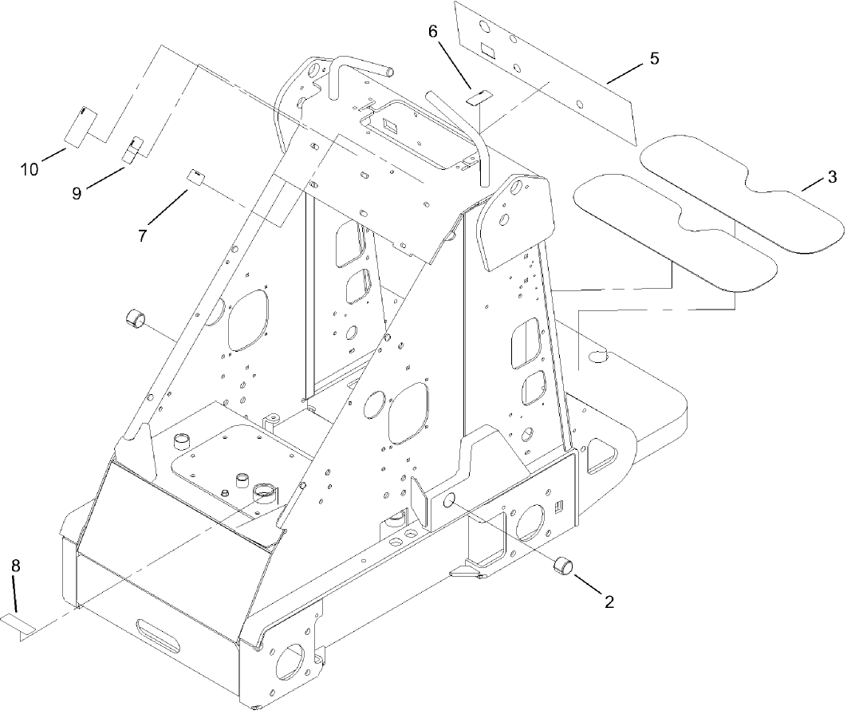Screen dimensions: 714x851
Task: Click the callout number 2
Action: pyautogui.click(x=609, y=602)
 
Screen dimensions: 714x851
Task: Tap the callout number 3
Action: pyautogui.click(x=831, y=177)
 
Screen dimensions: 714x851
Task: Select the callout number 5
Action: pyautogui.click(x=653, y=58)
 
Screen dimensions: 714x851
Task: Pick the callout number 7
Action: pyautogui.click(x=143, y=236)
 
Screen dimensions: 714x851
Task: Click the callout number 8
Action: pyautogui.click(x=15, y=565)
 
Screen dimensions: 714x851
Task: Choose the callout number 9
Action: pyautogui.click(x=77, y=193)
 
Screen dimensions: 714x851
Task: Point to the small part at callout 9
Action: pyautogui.click(x=132, y=148)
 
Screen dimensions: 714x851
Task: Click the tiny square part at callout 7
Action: pyautogui.click(x=194, y=176)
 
